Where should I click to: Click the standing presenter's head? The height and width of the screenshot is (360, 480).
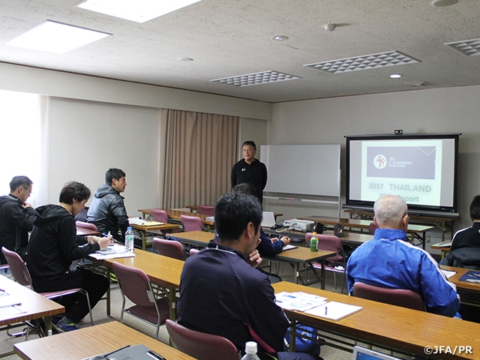click(249, 149)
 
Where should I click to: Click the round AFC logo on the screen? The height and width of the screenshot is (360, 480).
click(380, 161)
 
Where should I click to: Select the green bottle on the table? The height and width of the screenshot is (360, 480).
click(314, 241)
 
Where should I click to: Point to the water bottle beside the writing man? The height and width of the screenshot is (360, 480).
click(129, 239)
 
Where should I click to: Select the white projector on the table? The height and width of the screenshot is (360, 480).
click(298, 224)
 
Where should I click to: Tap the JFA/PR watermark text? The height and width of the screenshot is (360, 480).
click(448, 349)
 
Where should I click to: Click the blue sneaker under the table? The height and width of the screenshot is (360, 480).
click(66, 324)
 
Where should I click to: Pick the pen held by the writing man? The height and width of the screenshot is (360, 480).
click(109, 237)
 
